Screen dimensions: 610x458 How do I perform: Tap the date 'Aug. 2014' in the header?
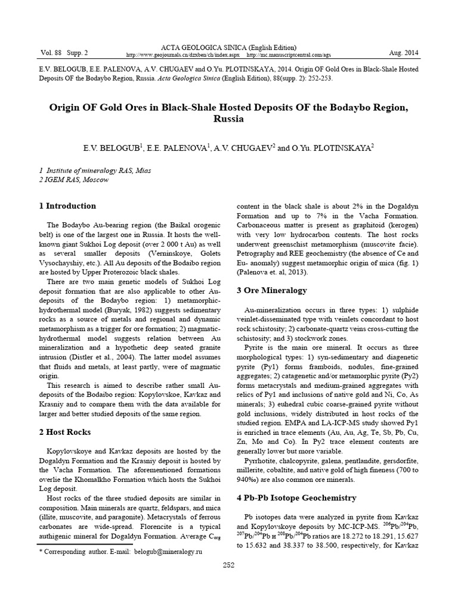[403, 53]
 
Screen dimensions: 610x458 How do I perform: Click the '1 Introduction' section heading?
[67, 206]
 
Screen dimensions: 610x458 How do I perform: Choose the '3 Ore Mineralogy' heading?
[272, 291]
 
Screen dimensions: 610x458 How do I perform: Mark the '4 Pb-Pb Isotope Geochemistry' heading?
[296, 497]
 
